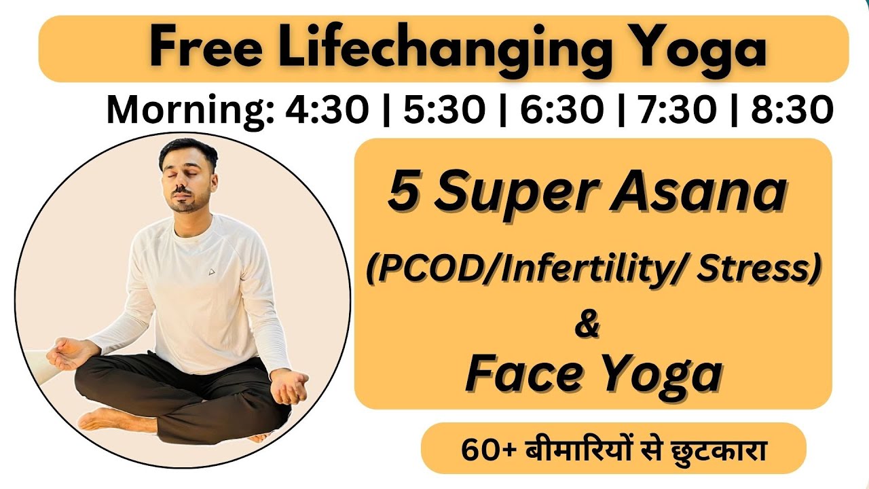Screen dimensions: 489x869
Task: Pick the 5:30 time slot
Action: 445,110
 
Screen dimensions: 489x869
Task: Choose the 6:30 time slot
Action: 562,110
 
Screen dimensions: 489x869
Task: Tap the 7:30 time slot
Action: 678,110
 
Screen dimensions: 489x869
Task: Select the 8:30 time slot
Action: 792,110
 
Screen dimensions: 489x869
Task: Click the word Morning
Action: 188,111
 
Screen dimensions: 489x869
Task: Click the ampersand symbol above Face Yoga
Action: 587,324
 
